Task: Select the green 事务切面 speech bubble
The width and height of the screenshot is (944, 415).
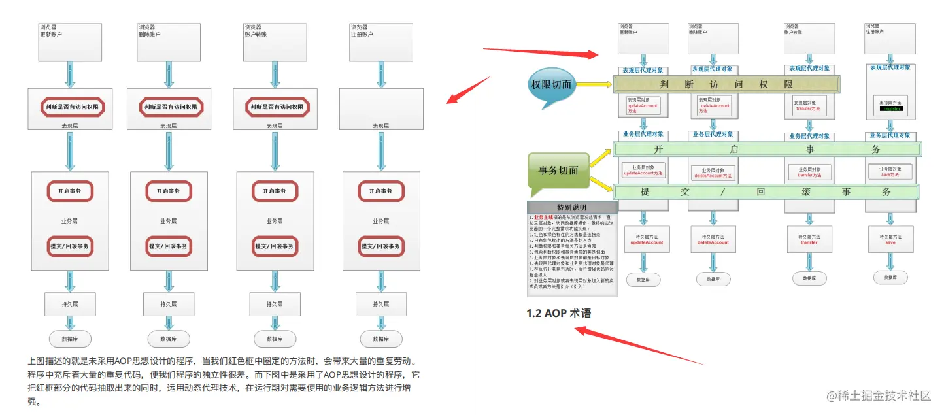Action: click(558, 171)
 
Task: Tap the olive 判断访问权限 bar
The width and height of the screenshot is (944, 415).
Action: click(726, 84)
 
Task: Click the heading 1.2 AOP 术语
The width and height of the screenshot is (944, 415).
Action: click(559, 314)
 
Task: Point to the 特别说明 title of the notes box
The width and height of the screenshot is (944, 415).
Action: click(571, 207)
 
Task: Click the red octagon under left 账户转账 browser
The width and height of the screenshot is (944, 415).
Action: click(277, 107)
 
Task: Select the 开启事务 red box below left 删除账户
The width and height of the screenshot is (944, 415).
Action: click(169, 191)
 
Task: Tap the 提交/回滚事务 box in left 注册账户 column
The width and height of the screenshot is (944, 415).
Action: click(382, 246)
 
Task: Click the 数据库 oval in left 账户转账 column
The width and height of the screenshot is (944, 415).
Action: click(275, 339)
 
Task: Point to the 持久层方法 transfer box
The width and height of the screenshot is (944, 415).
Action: click(809, 239)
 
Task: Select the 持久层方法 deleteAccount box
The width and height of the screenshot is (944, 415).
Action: click(713, 239)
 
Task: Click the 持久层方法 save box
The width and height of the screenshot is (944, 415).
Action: click(890, 239)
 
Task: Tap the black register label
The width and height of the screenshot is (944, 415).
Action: click(892, 109)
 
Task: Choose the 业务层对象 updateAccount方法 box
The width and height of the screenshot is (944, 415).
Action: click(643, 171)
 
